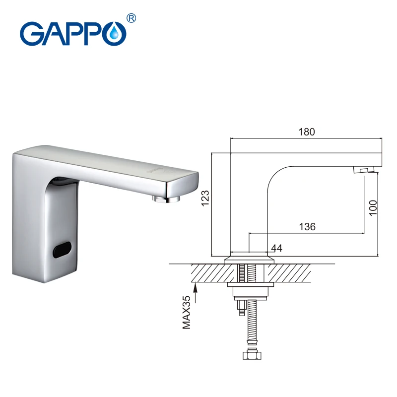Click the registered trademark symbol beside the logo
(x=132, y=18)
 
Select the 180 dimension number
(x=307, y=132)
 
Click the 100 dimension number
(x=373, y=207)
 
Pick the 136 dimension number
(x=307, y=227)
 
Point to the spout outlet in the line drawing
(x=362, y=170)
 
